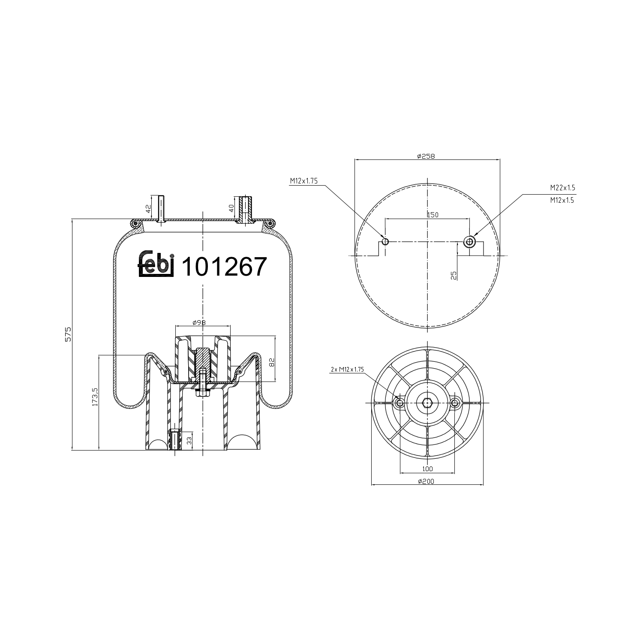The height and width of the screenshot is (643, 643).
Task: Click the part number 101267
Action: (x=225, y=267)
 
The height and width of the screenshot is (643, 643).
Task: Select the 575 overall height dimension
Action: (x=68, y=334)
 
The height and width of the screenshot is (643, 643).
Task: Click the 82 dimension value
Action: (x=271, y=362)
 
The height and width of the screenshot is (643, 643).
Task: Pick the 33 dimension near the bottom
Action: (x=189, y=440)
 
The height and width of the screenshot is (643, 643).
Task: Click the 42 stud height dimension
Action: (x=148, y=209)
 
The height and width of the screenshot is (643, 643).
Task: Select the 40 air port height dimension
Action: (x=231, y=209)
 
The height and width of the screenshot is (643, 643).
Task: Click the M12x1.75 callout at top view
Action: (x=303, y=181)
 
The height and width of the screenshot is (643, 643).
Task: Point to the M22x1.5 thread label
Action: (x=562, y=188)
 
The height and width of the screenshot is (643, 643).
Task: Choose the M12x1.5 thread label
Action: (x=562, y=200)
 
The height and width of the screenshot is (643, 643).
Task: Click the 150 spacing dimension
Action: (x=432, y=215)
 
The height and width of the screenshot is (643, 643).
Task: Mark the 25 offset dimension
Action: (x=454, y=275)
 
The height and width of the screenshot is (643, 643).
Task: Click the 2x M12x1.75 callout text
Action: (x=347, y=369)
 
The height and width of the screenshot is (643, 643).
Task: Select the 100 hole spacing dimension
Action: (x=427, y=469)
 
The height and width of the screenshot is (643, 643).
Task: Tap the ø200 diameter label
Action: (x=426, y=481)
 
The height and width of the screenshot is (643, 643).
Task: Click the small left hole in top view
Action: (x=385, y=242)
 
